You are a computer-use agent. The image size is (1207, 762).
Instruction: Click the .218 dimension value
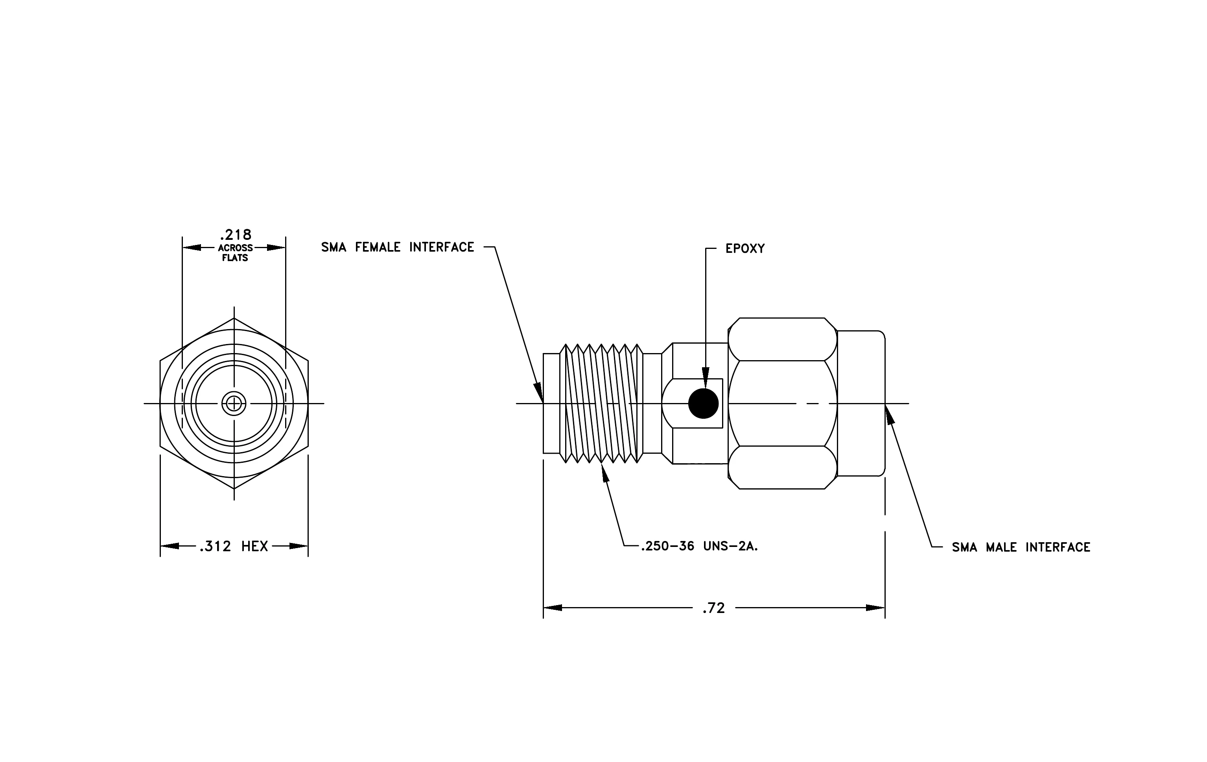coord(236,234)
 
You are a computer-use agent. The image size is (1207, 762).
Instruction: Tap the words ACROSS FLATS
coord(235,253)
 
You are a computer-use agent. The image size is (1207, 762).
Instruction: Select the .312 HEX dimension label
coord(234,546)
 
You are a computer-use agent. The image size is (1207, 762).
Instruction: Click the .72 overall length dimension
coord(714,608)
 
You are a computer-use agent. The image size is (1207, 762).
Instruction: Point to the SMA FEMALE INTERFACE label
coord(398,247)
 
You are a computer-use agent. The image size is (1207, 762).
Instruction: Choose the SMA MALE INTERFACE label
coord(1021,547)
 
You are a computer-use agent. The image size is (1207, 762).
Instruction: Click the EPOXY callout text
coord(745,248)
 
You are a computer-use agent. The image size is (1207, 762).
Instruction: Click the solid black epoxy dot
coord(703,403)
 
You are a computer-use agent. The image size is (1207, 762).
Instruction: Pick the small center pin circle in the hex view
coord(234,403)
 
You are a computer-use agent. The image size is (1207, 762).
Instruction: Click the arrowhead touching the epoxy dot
coord(706,378)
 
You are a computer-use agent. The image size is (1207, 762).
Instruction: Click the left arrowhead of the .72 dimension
coord(553,608)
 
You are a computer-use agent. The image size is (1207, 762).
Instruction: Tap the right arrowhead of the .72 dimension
coord(875,608)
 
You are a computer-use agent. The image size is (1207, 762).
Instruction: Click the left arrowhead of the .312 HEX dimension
coord(170,546)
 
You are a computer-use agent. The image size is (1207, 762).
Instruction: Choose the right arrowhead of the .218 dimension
coord(276,247)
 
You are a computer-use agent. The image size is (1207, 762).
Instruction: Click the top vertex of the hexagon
coord(234,318)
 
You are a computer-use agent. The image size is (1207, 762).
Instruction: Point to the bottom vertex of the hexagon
coord(234,488)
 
